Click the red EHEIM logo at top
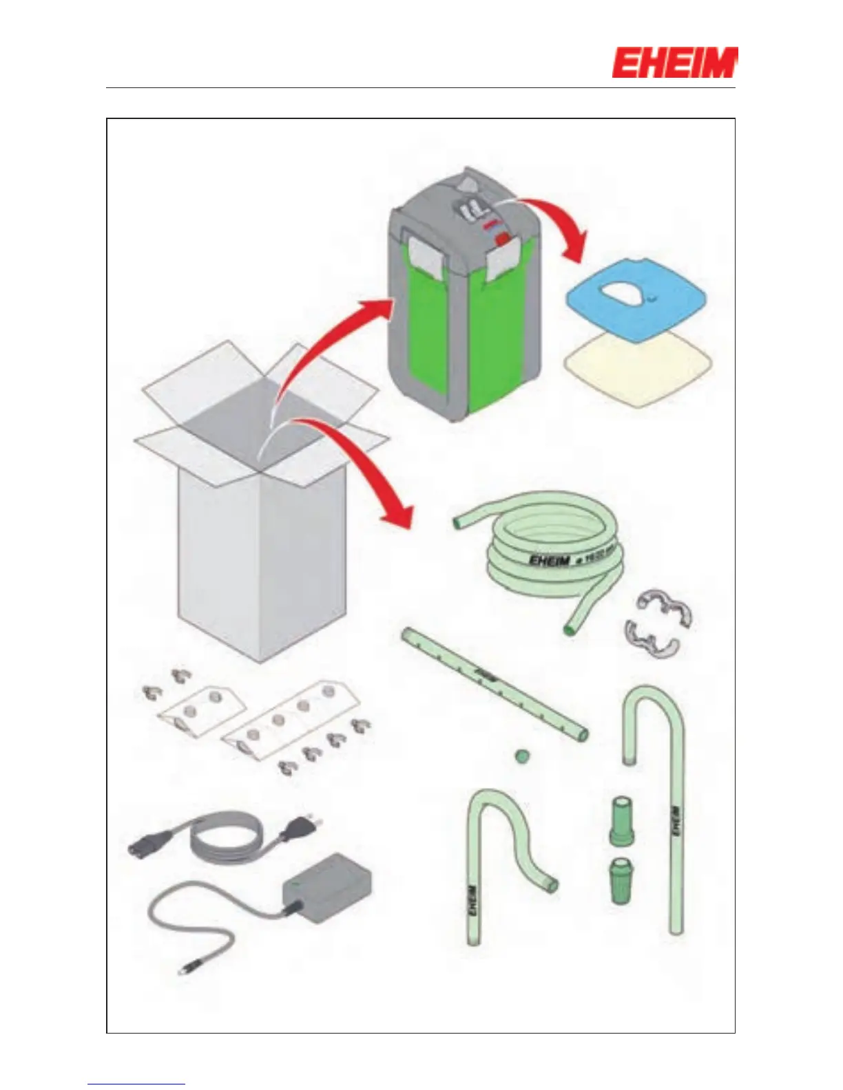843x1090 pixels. [674, 63]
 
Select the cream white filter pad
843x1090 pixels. [637, 372]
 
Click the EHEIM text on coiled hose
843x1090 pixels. [549, 561]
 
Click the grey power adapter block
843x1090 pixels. [327, 888]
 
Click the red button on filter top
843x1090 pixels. [503, 238]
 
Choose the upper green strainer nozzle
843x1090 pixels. [621, 820]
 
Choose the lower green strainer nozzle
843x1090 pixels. [621, 880]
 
